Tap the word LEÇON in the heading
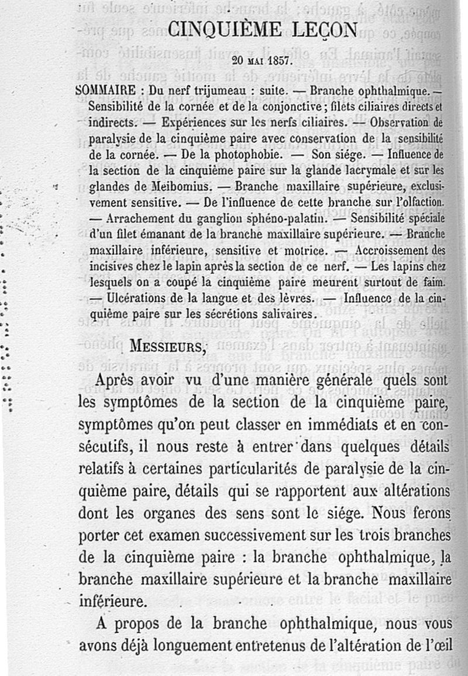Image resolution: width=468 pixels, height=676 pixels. tap(322, 30)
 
